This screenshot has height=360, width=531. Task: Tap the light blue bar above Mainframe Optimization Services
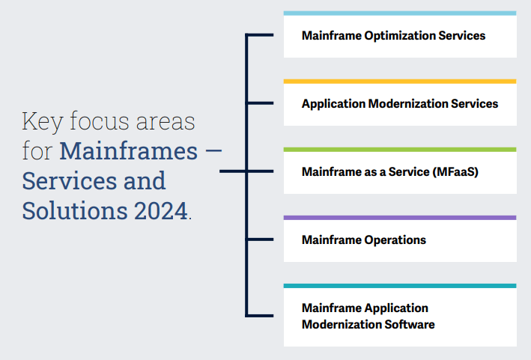[x=400, y=13]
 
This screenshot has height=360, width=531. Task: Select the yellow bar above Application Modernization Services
[x=400, y=82]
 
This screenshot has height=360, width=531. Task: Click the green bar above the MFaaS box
[x=400, y=150]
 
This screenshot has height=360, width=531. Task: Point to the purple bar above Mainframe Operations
[x=400, y=218]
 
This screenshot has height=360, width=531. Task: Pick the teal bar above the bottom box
[x=400, y=286]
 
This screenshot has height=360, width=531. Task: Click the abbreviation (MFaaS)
[x=455, y=172]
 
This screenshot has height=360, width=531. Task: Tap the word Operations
[x=395, y=240]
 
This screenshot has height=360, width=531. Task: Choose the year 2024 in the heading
[x=161, y=210]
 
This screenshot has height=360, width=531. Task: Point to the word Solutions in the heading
[x=75, y=210]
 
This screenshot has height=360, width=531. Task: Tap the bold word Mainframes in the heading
[x=129, y=150]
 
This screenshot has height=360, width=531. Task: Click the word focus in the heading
[x=100, y=120]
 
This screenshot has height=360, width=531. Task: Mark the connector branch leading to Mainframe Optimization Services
[x=260, y=35]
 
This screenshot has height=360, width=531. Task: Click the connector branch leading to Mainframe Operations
[x=260, y=240]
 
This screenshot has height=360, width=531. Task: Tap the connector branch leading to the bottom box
[x=260, y=316]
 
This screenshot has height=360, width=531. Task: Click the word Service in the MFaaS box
[x=409, y=172]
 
